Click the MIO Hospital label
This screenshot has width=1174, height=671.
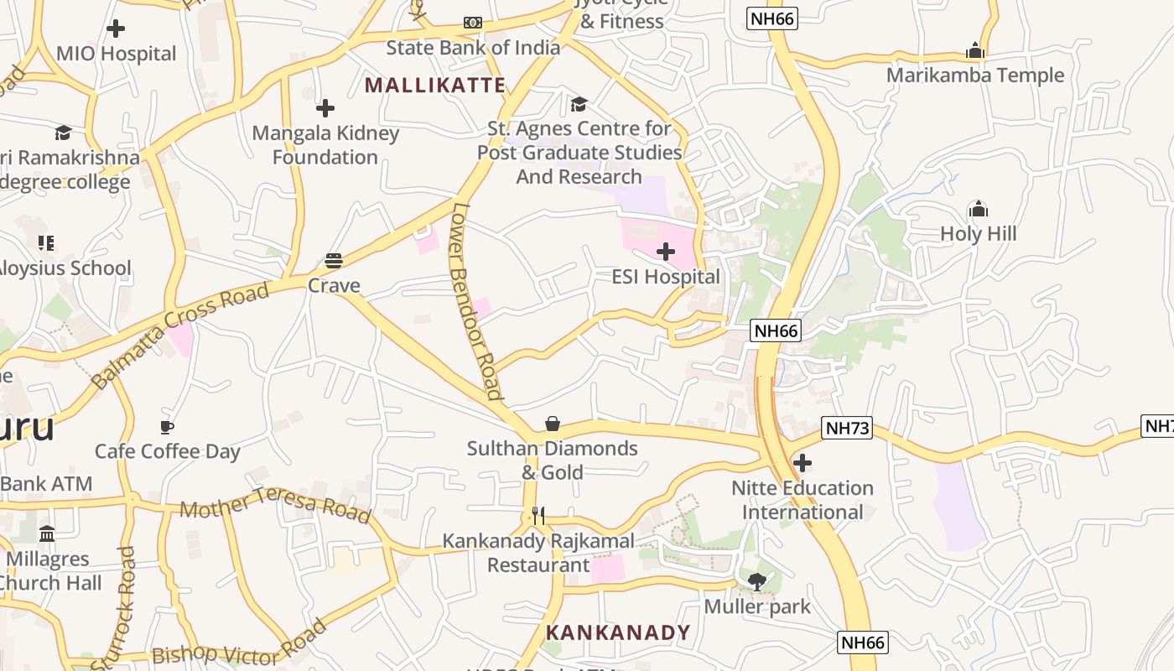pos(116,54)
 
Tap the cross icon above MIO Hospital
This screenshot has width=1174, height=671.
pos(116,29)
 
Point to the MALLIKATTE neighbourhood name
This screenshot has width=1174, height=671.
pos(435,85)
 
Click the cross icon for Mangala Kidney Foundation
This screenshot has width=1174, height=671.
pos(325,108)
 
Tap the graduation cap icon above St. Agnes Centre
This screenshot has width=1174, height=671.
pos(579,104)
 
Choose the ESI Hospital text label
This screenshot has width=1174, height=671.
pos(665,277)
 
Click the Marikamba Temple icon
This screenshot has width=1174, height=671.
pos(974,50)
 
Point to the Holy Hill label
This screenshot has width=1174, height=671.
pos(978,233)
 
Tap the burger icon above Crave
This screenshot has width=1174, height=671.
pos(334,260)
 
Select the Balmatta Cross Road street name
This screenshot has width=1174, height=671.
pos(181,335)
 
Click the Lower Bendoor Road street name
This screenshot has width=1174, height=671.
pos(475,302)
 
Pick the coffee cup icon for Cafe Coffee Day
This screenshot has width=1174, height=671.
pos(167,427)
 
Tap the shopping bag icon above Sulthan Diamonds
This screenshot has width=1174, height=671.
pos(552,424)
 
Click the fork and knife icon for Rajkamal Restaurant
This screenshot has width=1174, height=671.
pos(538,516)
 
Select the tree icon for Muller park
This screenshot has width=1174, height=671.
pos(757,581)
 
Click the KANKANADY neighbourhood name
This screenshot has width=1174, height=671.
pos(618,632)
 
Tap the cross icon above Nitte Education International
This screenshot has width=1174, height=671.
pos(803,462)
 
